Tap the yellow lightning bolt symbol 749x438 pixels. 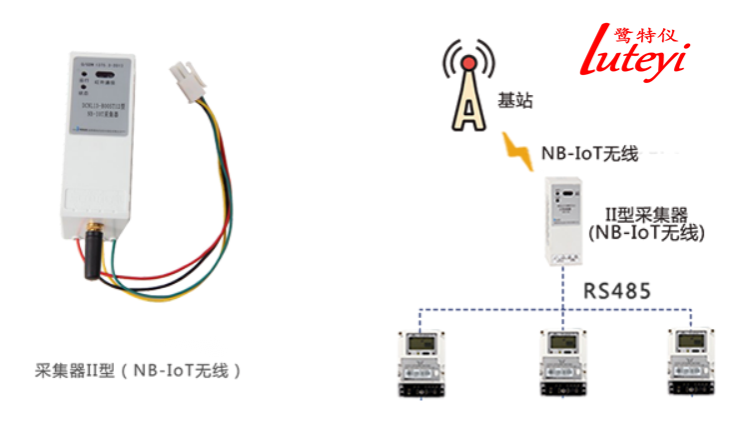tap(518, 151)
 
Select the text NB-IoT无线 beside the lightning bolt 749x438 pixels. tap(588, 153)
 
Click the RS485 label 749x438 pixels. tap(617, 292)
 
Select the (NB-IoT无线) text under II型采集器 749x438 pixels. tap(646, 233)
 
